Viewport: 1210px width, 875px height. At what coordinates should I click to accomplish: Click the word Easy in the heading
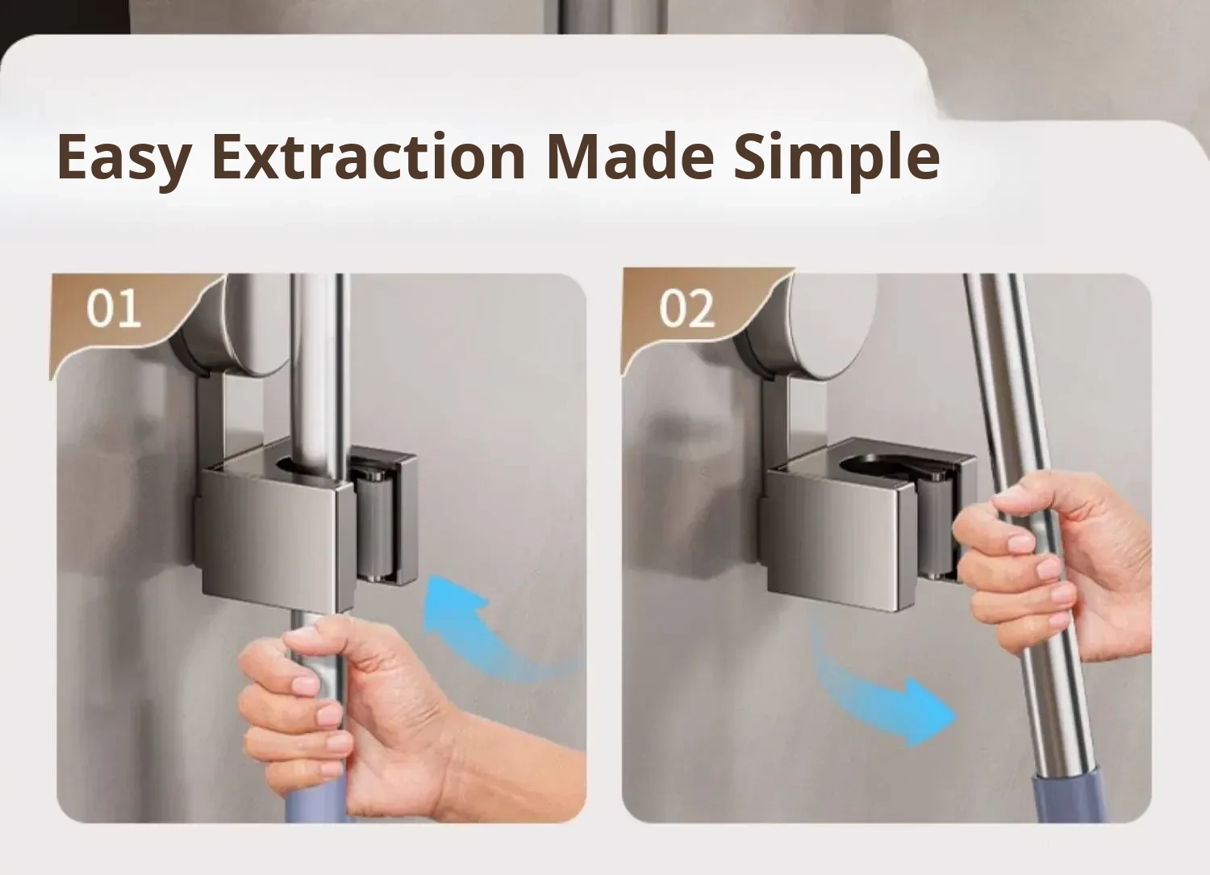[x=123, y=158]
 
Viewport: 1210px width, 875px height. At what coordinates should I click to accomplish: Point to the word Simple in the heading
[x=837, y=160]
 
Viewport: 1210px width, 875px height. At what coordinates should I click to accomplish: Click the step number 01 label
[x=114, y=309]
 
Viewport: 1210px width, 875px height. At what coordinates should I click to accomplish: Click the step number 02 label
[x=686, y=309]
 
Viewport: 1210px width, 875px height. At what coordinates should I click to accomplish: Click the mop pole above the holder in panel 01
[x=319, y=367]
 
